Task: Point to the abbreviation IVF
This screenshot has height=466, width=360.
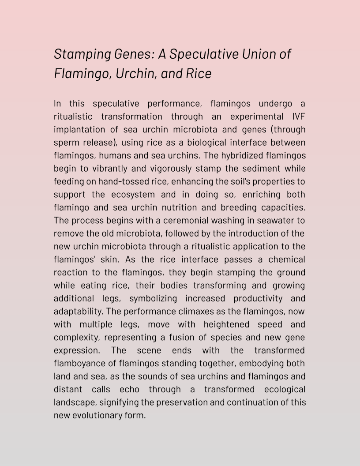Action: point(299,116)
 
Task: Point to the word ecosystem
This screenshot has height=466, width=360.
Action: point(134,195)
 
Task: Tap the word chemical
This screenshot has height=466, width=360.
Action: point(287,259)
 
